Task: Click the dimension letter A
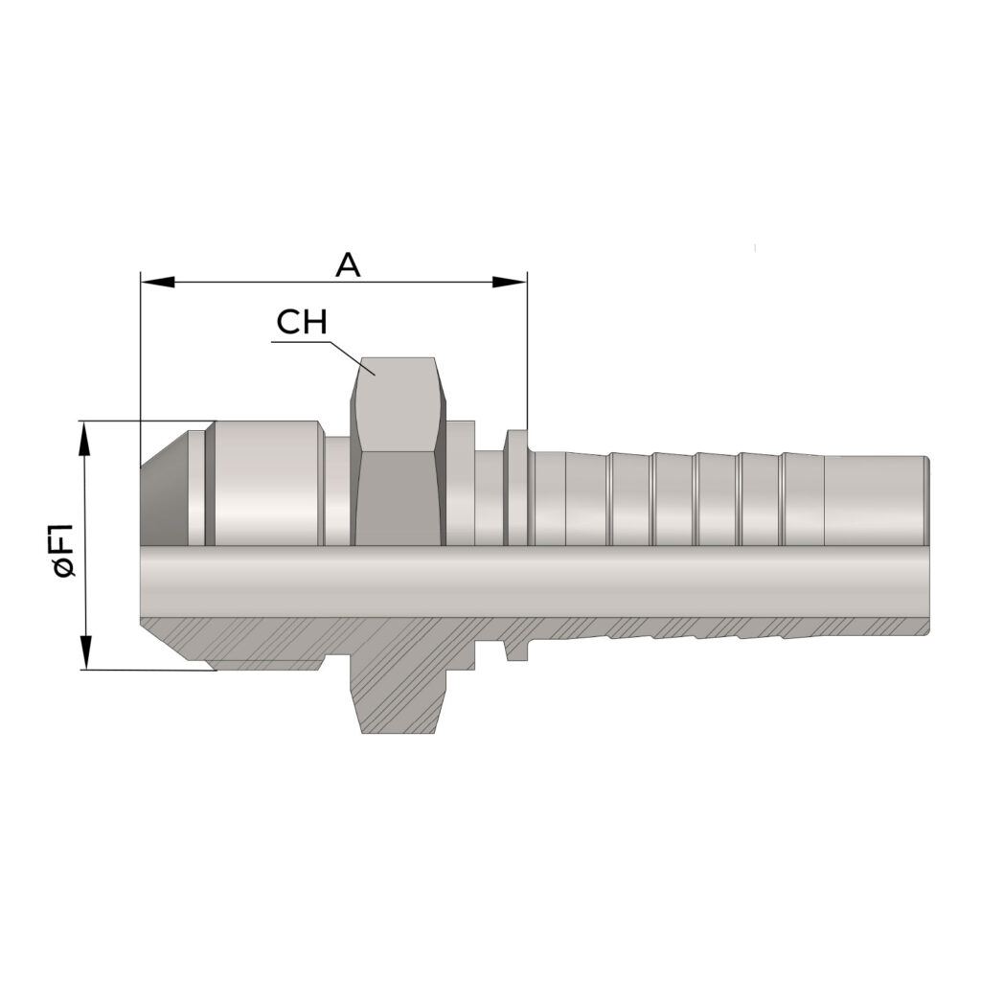coord(348,265)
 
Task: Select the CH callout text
coord(302,323)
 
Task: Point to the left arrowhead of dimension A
coord(157,283)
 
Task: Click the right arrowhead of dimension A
coord(510,283)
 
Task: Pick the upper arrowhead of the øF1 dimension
coord(85,437)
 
